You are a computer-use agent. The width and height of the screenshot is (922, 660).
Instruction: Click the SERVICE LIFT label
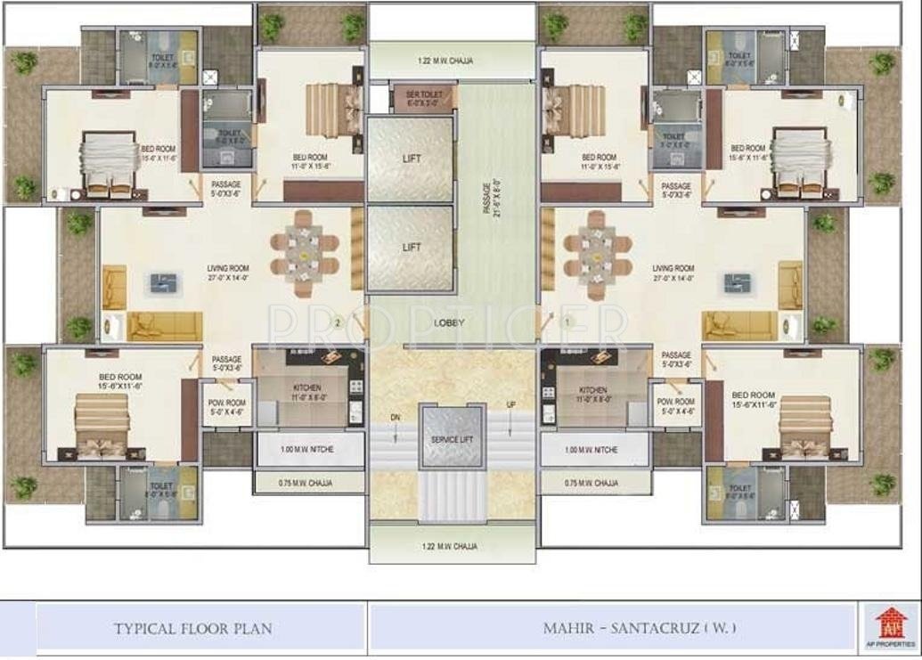click(451, 439)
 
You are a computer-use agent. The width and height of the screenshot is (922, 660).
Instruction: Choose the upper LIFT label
click(411, 159)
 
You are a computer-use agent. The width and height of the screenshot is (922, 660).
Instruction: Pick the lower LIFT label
click(411, 247)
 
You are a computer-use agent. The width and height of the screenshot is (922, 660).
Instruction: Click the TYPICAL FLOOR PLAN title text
click(193, 628)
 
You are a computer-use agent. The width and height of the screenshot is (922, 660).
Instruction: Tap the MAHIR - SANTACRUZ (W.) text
click(640, 628)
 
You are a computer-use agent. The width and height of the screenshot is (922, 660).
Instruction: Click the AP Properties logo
click(888, 624)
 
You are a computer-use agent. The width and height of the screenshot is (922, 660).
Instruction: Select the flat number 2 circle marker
click(338, 322)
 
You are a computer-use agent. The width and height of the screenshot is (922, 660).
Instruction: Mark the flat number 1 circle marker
click(567, 321)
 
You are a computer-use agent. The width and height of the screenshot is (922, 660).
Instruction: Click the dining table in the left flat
click(306, 254)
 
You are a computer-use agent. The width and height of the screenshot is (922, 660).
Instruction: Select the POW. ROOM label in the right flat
click(676, 406)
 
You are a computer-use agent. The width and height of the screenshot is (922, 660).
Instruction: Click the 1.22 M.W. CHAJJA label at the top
click(445, 61)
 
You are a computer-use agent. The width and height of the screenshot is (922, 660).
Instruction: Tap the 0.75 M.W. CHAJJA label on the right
click(592, 483)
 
